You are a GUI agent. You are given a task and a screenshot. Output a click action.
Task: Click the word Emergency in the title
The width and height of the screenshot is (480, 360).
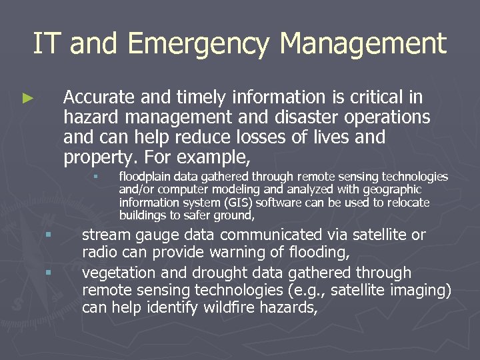199,45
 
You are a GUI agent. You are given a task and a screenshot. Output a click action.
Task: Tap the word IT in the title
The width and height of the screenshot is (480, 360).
47,44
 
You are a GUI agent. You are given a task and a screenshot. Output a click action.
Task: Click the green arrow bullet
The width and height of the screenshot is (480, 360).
27,98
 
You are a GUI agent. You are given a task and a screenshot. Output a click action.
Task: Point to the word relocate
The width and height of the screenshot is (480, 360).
408,202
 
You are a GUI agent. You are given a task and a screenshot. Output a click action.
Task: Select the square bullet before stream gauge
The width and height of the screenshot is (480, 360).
48,235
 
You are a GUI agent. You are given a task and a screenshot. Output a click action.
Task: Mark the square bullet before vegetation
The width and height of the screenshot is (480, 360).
48,272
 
